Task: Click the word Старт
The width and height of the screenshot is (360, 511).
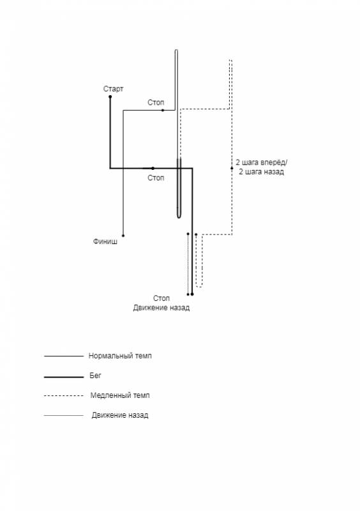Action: tap(114, 89)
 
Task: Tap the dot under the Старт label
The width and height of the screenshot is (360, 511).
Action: tap(110, 97)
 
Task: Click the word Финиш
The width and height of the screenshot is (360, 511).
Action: tap(105, 241)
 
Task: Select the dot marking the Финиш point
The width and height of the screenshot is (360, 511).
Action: tap(123, 235)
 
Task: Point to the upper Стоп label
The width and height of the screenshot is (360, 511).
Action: tap(156, 102)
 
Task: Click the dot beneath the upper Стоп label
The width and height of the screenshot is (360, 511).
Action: tap(163, 111)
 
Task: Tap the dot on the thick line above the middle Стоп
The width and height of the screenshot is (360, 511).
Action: tap(153, 168)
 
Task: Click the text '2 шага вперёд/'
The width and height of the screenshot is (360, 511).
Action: tap(262, 162)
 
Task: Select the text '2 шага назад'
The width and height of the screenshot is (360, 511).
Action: tap(261, 172)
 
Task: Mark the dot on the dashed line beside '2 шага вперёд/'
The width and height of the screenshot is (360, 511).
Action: tap(232, 168)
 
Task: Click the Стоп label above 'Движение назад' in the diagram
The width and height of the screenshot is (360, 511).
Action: tap(161, 298)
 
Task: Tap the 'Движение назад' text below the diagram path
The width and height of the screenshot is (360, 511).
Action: tap(161, 308)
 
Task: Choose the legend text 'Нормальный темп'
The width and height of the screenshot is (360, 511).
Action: tap(120, 356)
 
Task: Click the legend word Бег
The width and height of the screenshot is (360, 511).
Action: tap(96, 376)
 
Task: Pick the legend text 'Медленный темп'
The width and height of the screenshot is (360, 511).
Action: tap(120, 395)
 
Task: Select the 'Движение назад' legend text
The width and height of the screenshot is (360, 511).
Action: tap(120, 415)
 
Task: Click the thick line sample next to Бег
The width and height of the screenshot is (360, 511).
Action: tap(64, 377)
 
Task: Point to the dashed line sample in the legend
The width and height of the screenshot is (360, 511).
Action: tap(64, 395)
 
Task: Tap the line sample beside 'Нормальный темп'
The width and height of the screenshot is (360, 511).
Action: tap(64, 356)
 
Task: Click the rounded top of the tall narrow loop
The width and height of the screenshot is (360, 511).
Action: tap(176, 50)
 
